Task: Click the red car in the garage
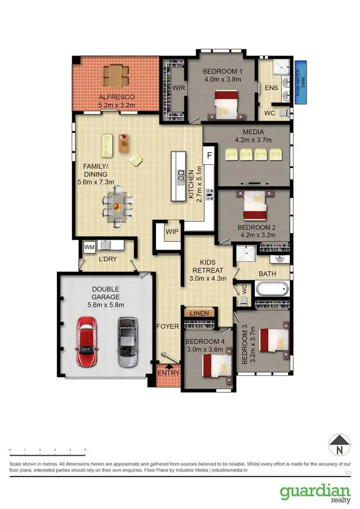[87, 342]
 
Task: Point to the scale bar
[48, 452]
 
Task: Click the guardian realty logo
[315, 494]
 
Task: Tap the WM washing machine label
[89, 247]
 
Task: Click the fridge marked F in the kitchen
[209, 155]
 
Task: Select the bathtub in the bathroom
[272, 290]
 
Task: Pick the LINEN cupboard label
[199, 313]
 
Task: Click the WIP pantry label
[172, 232]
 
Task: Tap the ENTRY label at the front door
[168, 373]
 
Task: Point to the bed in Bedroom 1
[226, 104]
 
